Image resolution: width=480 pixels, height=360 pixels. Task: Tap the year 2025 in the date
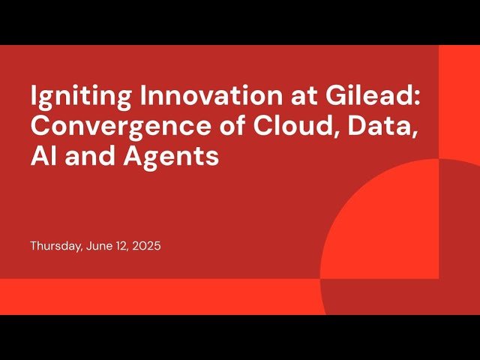tap(147, 245)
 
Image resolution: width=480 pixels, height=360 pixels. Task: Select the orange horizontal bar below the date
tap(150, 296)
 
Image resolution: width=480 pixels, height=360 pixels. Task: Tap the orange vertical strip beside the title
tap(459, 97)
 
